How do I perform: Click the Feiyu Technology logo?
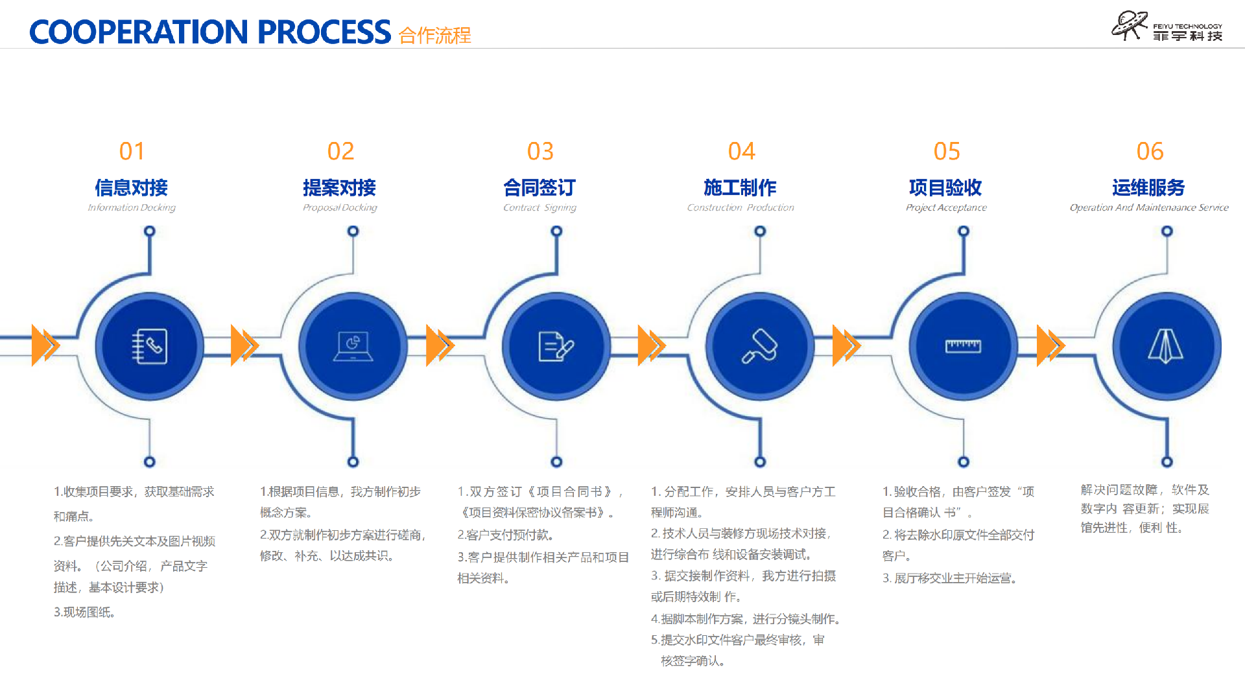click(1166, 27)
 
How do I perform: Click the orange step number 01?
click(132, 152)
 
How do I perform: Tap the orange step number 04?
click(741, 152)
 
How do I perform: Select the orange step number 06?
click(1150, 152)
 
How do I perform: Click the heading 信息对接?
click(132, 188)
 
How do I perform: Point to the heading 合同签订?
click(539, 188)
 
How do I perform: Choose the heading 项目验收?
click(945, 188)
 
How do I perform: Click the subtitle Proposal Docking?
click(340, 208)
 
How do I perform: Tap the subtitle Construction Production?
click(741, 208)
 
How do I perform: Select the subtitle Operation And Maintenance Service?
click(1149, 208)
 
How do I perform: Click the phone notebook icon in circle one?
click(150, 347)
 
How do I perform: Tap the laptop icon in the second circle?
click(353, 347)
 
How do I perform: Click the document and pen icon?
click(556, 347)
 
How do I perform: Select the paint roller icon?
click(760, 347)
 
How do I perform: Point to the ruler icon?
click(963, 347)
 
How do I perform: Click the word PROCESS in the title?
click(324, 32)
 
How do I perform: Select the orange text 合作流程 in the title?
click(434, 35)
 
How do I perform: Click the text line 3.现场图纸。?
click(84, 612)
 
